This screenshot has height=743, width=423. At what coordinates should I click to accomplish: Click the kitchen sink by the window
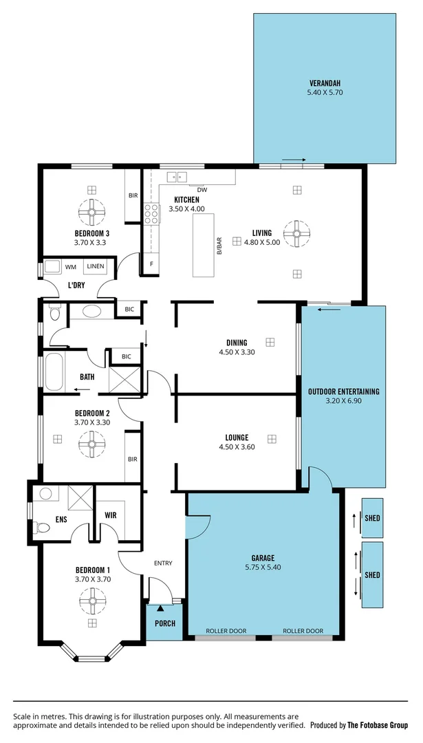coord(178,177)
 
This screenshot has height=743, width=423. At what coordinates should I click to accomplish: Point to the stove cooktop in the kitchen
coord(151,214)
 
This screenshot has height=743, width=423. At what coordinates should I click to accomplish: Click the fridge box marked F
coord(151,263)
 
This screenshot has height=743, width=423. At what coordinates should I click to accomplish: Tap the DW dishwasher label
coord(202,190)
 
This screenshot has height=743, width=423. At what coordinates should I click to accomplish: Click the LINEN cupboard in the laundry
coord(95,267)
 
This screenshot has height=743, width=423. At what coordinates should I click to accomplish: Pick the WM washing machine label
coord(71,267)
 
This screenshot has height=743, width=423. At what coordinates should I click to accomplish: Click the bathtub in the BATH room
coord(54,371)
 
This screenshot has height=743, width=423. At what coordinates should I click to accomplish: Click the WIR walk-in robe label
coord(110,515)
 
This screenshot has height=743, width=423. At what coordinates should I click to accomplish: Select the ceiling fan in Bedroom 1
coord(91,603)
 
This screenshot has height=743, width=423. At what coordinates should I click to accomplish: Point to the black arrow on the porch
coord(160,608)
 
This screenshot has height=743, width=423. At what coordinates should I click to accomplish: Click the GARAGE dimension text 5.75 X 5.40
coord(263,568)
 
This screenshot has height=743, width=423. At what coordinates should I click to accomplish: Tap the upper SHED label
coord(373,519)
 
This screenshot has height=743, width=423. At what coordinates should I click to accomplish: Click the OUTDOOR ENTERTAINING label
coord(344,391)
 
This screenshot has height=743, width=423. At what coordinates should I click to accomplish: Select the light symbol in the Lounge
coord(272,438)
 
